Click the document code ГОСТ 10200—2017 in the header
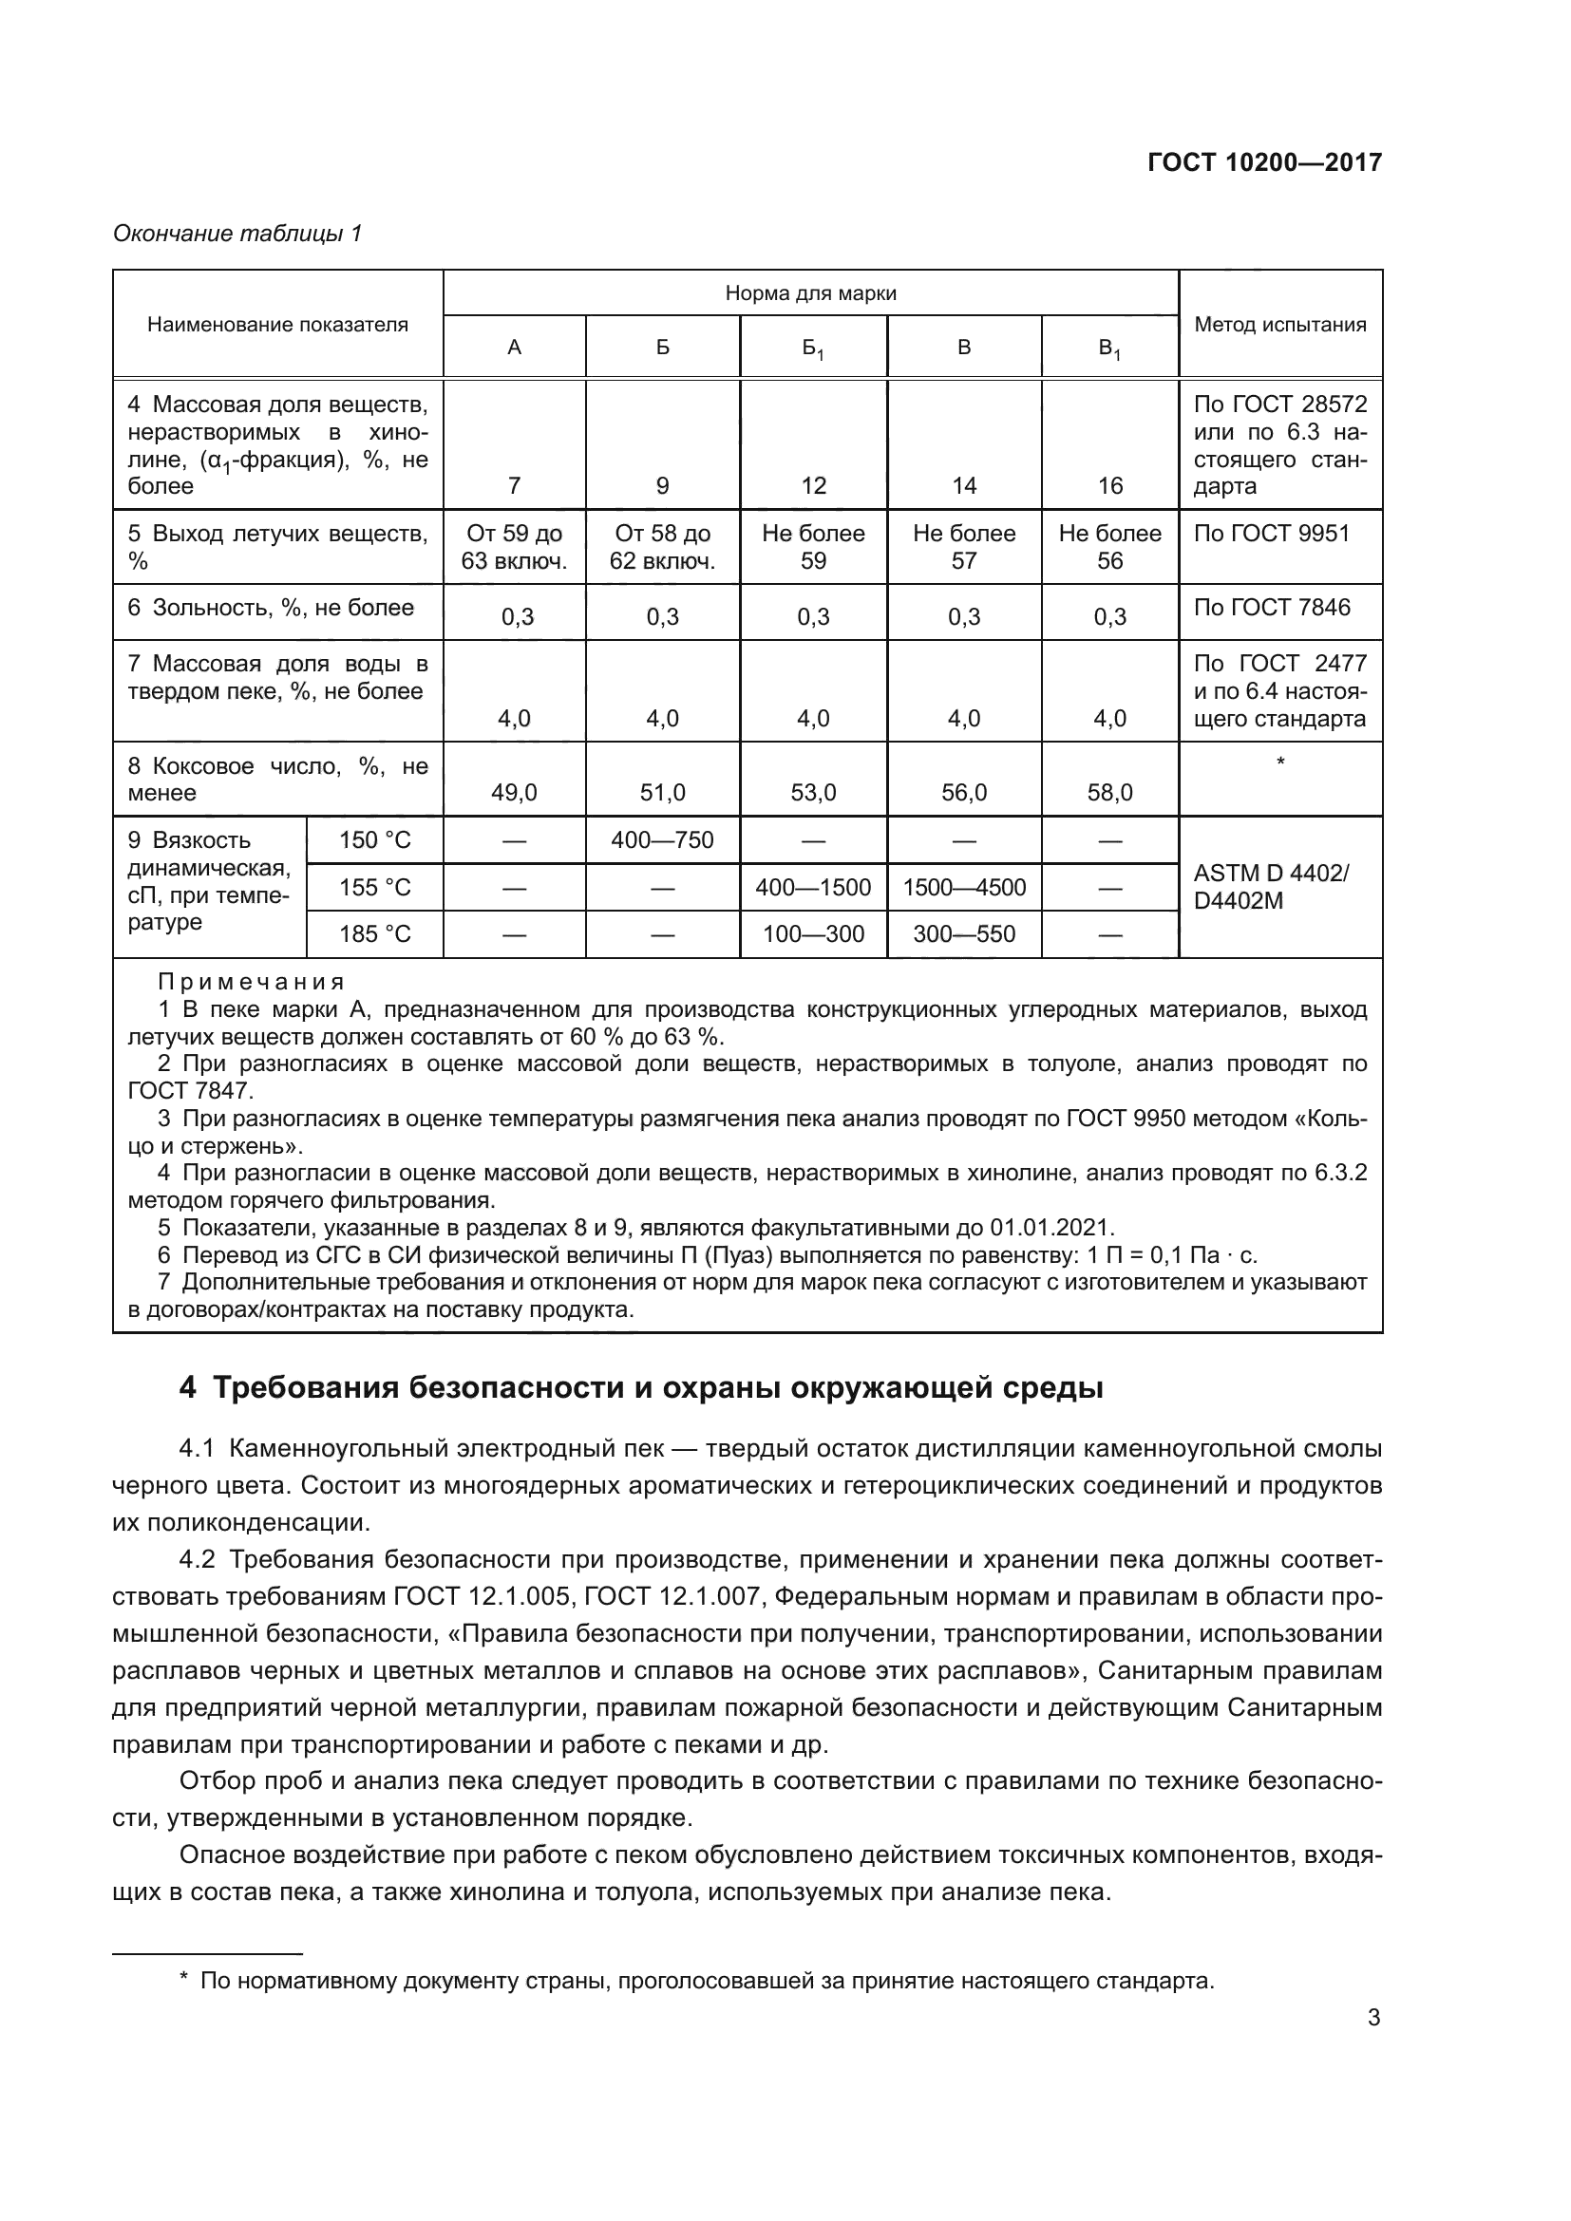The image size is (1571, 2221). pyautogui.click(x=1263, y=162)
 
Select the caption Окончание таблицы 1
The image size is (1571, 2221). pyautogui.click(x=237, y=234)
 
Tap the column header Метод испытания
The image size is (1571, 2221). pyautogui.click(x=1279, y=324)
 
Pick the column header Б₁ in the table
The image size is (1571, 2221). pyautogui.click(x=813, y=348)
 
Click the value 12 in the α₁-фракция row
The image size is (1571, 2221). pyautogui.click(x=813, y=485)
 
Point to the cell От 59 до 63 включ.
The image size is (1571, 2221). pyautogui.click(x=514, y=547)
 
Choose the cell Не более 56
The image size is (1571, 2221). pyautogui.click(x=1109, y=547)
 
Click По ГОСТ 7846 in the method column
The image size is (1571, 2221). pyautogui.click(x=1271, y=608)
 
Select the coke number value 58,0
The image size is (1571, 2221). pyautogui.click(x=1109, y=793)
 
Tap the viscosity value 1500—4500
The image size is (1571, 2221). pyautogui.click(x=963, y=887)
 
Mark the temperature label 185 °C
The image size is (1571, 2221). pyautogui.click(x=374, y=933)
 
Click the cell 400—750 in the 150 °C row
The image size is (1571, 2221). pyautogui.click(x=662, y=839)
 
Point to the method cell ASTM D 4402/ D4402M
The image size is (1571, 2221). pyautogui.click(x=1270, y=886)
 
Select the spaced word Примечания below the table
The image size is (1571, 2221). pyautogui.click(x=252, y=982)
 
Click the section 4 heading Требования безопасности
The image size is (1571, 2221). pyautogui.click(x=640, y=1387)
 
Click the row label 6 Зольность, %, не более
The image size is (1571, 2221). pyautogui.click(x=271, y=608)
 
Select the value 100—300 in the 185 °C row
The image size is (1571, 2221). pyautogui.click(x=813, y=933)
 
